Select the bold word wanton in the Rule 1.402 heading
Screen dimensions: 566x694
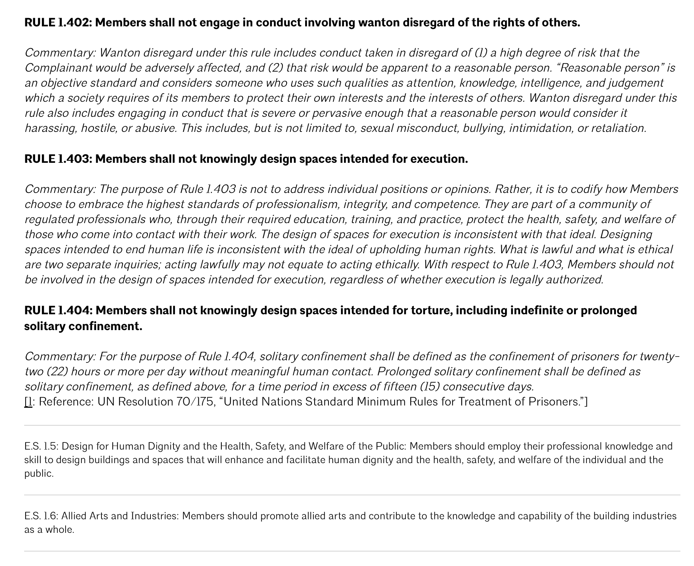(379, 23)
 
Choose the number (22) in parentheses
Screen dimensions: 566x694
(57, 372)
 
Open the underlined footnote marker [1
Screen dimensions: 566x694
(29, 402)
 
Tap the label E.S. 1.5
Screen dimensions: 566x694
(41, 447)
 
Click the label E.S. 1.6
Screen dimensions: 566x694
(41, 516)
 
